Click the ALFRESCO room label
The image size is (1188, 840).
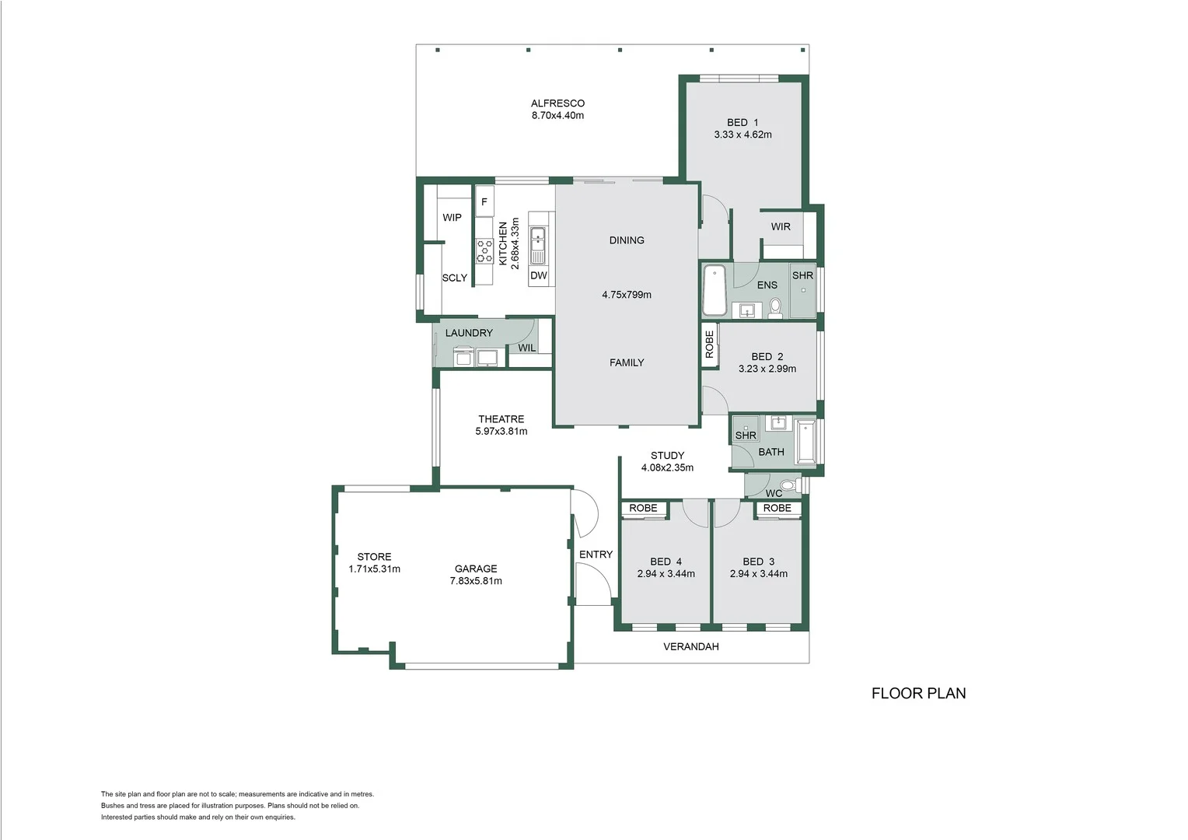557,103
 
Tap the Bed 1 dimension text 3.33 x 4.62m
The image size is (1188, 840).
742,135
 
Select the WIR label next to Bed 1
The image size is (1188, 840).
781,227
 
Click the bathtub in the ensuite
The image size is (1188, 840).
714,290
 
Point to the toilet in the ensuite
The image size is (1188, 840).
775,310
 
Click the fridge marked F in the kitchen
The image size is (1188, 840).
484,201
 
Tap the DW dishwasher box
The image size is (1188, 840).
539,275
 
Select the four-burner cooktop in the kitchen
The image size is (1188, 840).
484,250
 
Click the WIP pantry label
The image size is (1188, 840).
452,218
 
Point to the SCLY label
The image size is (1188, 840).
455,278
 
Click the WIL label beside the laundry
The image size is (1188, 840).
527,348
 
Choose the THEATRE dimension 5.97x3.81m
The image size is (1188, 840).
501,431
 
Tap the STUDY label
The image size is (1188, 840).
667,456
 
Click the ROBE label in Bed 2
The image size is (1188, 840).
709,344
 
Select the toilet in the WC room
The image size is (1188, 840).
788,485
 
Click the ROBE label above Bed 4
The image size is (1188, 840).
643,508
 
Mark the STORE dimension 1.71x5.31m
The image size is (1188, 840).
374,569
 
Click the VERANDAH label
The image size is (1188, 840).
690,646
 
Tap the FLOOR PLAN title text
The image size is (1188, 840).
918,693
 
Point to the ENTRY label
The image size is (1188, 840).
596,555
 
